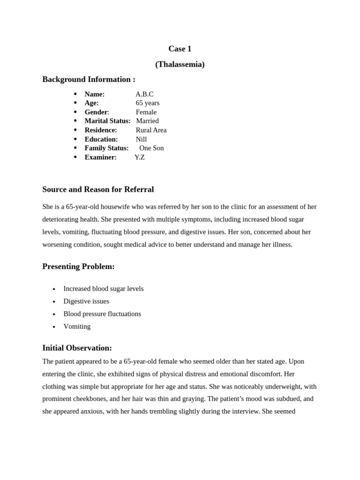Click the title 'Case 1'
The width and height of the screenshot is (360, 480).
[x=180, y=49]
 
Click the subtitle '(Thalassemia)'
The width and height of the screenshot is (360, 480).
[x=180, y=64]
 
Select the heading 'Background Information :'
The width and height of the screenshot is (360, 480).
[x=89, y=79]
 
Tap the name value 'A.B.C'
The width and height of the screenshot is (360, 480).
[x=144, y=94]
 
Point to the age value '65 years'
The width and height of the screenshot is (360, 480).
[x=148, y=103]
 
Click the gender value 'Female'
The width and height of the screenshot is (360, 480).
[x=146, y=112]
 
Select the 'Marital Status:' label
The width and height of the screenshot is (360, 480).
[x=107, y=121]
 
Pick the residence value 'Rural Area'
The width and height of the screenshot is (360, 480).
[x=151, y=130]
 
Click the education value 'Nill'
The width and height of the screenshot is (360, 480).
[x=141, y=139]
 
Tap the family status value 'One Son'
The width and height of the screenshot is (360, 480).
[x=151, y=148]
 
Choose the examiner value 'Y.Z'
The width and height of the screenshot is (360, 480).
[x=140, y=157]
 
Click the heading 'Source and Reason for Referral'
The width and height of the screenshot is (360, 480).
[x=98, y=189]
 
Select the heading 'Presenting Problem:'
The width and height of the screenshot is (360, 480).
[x=78, y=266]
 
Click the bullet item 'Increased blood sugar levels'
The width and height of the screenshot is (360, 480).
[x=103, y=289]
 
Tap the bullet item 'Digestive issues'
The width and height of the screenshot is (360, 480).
[x=86, y=301]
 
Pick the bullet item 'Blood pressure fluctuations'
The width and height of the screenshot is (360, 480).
[x=102, y=314]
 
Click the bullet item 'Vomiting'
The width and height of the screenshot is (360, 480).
[x=77, y=326]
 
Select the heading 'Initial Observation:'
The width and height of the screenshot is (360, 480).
[x=77, y=348]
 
